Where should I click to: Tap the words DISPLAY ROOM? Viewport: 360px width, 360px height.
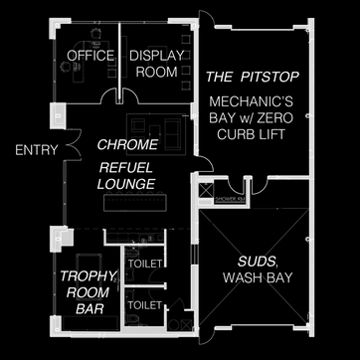click(x=153, y=64)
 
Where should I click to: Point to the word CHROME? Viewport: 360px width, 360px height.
click(x=124, y=145)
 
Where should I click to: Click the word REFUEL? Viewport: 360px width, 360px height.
click(x=125, y=166)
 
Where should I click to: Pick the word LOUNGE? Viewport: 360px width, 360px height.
click(x=125, y=184)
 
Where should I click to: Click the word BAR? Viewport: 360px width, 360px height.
click(x=87, y=310)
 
